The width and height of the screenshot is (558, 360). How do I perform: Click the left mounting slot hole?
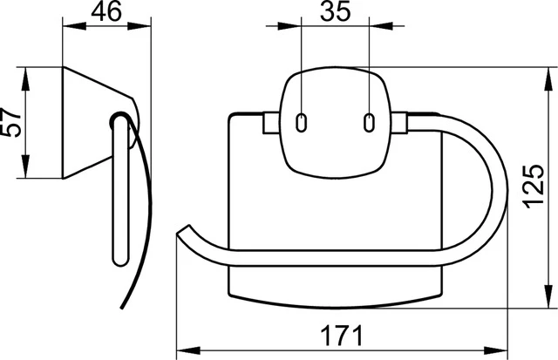click(x=302, y=122)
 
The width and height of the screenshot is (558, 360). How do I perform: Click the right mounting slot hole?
click(x=369, y=122)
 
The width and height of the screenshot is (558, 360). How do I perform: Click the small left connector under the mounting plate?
click(x=268, y=124)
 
